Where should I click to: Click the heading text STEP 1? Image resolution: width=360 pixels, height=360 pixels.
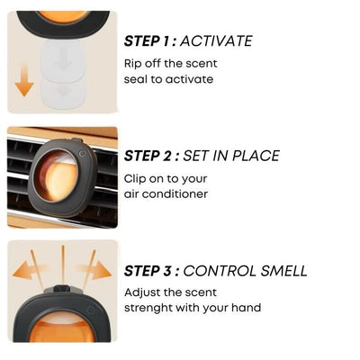pyautogui.click(x=150, y=40)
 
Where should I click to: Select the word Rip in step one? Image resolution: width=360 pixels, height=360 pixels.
pyautogui.click(x=133, y=63)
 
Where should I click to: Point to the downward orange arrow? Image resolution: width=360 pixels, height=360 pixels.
pyautogui.click(x=24, y=83)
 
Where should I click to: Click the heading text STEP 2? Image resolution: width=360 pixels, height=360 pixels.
pyautogui.click(x=151, y=156)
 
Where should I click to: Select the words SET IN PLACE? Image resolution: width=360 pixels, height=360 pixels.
pyautogui.click(x=236, y=156)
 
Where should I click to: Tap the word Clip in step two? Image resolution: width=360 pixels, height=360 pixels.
pyautogui.click(x=136, y=178)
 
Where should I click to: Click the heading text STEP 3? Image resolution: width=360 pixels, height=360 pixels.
pyautogui.click(x=151, y=271)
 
